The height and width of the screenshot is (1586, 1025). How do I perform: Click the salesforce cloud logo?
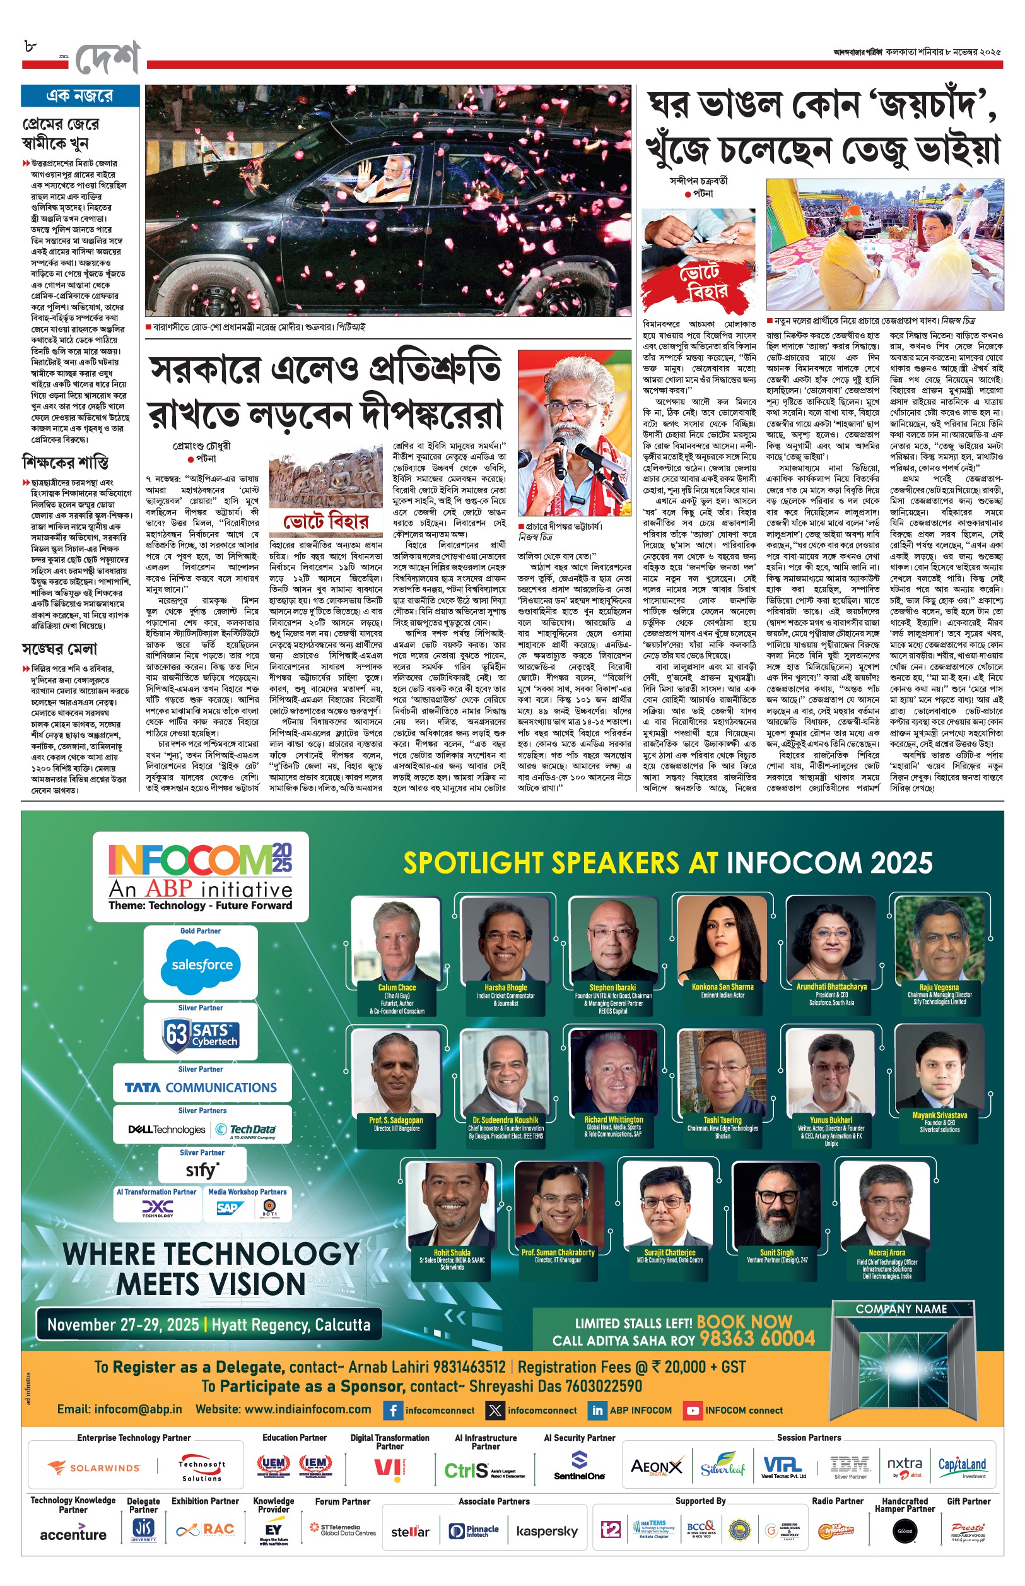(201, 964)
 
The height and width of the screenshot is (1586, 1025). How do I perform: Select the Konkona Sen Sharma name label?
(722, 987)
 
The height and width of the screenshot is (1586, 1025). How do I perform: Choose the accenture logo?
(73, 1534)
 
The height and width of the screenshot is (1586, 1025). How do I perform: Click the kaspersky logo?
(547, 1531)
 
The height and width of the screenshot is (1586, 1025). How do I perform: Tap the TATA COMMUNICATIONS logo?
(201, 1087)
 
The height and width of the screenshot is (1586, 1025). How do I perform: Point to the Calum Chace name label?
(397, 988)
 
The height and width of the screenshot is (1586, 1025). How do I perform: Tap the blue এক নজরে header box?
(80, 96)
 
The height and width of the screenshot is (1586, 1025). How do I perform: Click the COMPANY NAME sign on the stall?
(901, 1309)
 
